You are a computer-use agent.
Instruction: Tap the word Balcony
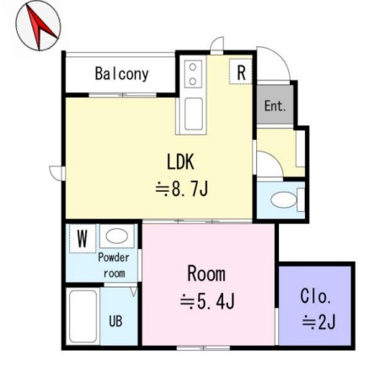pos(121,74)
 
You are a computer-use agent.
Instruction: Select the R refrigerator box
pos(241,72)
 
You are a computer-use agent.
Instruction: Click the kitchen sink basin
pos(194,114)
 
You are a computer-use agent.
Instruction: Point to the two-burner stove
pos(193,74)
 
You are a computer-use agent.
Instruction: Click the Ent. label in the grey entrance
pos(275,106)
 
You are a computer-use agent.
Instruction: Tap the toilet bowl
pos(284,200)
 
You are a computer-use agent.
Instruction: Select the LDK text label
pos(180,162)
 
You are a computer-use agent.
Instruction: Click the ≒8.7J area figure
pos(181,188)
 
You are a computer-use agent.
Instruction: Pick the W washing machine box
pos(83,239)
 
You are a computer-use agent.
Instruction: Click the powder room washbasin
pos(117,236)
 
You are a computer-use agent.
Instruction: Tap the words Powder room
pos(114,265)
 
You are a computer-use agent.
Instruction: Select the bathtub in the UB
pos(83,316)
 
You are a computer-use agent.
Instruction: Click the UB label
pos(115,321)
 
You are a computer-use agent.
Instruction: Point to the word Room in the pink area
pos(206,273)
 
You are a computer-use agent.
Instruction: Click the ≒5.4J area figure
pos(207,301)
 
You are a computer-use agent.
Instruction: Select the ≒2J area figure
pos(318,321)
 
